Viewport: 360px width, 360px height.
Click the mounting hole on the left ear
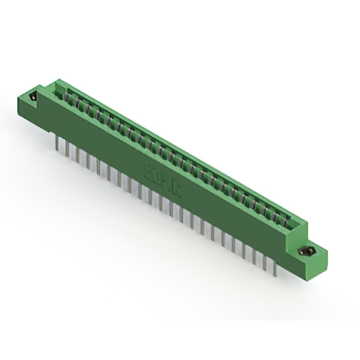[33, 97]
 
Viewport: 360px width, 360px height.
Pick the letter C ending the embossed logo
[177, 187]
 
